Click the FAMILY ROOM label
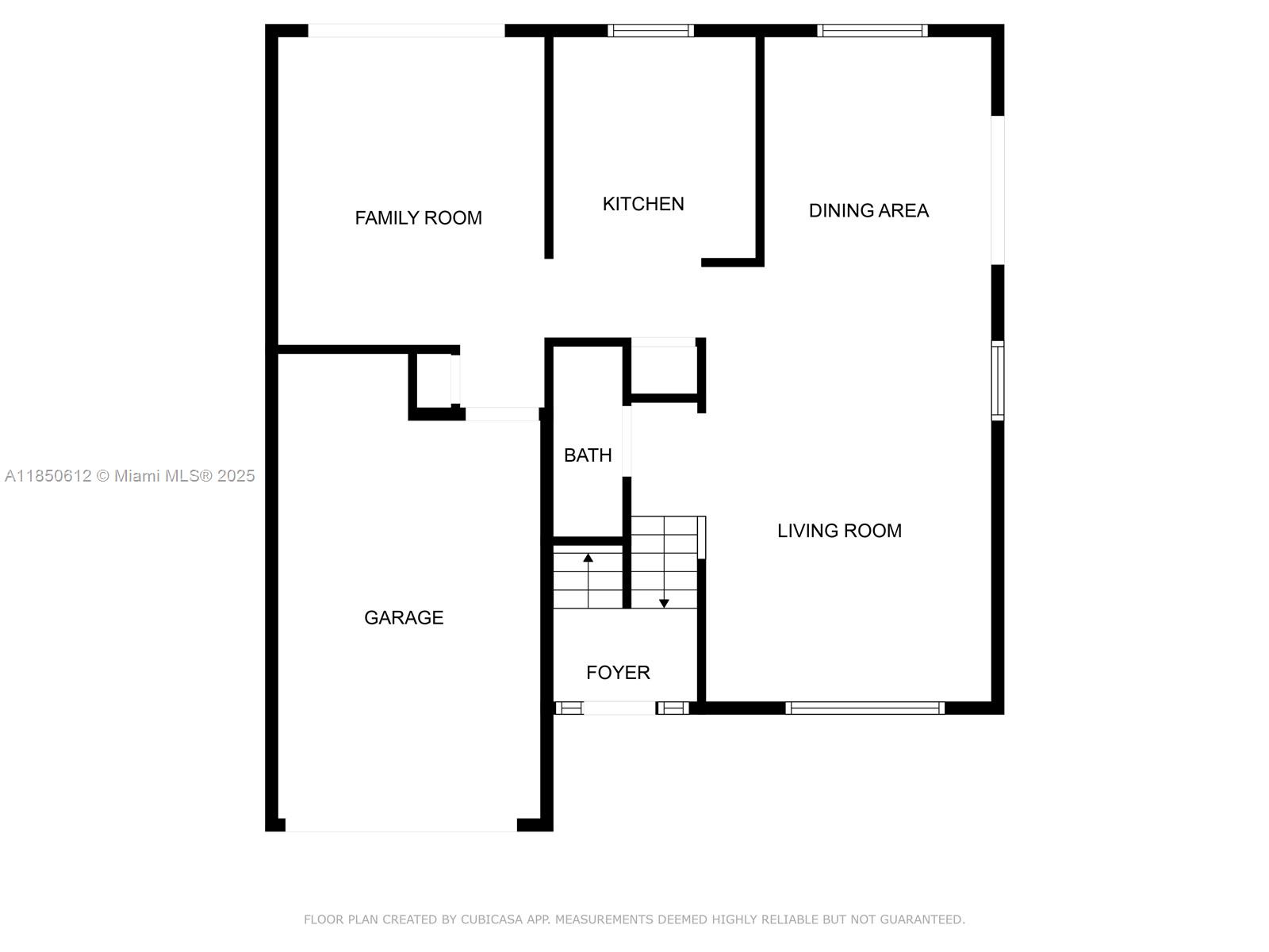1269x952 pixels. pyautogui.click(x=418, y=218)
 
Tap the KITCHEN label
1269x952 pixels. pyautogui.click(x=643, y=204)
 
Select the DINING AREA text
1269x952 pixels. pyautogui.click(x=868, y=210)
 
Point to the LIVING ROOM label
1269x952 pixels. pyautogui.click(x=839, y=531)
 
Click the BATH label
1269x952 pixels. pyautogui.click(x=588, y=455)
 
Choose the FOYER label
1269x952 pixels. pyautogui.click(x=618, y=672)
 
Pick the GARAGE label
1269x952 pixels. pyautogui.click(x=404, y=618)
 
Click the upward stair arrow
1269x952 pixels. pyautogui.click(x=588, y=581)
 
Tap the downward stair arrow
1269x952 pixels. pyautogui.click(x=664, y=562)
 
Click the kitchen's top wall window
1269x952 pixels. pyautogui.click(x=650, y=31)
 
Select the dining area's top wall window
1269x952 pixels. pyautogui.click(x=872, y=31)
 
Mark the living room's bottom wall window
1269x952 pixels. pyautogui.click(x=865, y=708)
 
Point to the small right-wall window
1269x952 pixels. pyautogui.click(x=997, y=381)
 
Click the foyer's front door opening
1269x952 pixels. pyautogui.click(x=619, y=708)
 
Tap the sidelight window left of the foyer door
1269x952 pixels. pyautogui.click(x=569, y=708)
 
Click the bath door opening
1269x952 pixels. pyautogui.click(x=627, y=441)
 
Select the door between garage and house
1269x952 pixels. pyautogui.click(x=502, y=414)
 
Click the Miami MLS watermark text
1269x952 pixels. pyautogui.click(x=129, y=476)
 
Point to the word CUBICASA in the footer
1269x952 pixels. pyautogui.click(x=491, y=919)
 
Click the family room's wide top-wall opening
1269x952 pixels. pyautogui.click(x=406, y=31)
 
